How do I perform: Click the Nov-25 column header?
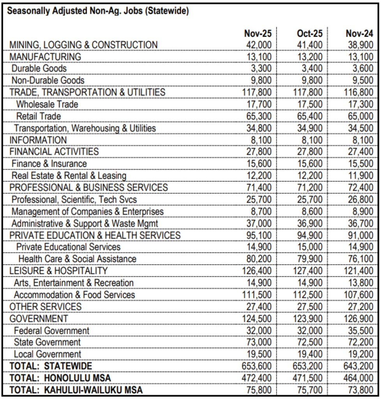click(258, 34)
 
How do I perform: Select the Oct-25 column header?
click(310, 34)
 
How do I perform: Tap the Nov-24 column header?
click(359, 34)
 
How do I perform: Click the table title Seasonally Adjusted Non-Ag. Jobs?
click(98, 11)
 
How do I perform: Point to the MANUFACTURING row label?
click(45, 57)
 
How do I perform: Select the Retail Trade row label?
click(39, 116)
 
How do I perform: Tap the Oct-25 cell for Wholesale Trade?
click(310, 104)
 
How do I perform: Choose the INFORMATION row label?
click(38, 140)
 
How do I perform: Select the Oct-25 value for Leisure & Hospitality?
click(308, 271)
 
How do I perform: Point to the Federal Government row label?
click(51, 330)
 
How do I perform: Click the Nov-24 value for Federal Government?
click(360, 330)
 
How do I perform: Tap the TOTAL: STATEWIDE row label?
click(51, 366)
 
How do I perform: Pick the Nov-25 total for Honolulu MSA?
click(256, 378)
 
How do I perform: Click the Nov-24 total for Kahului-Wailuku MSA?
click(360, 390)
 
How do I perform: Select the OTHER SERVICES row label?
click(46, 307)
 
